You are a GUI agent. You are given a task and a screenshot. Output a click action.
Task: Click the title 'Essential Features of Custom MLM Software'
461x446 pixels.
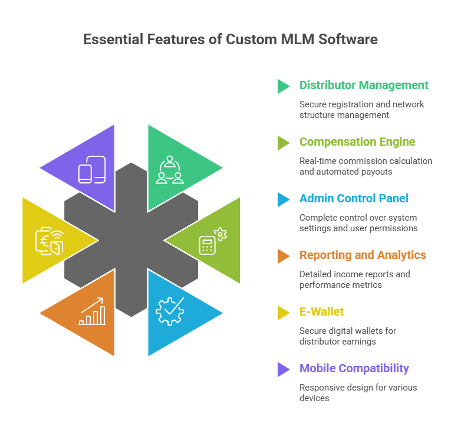230,40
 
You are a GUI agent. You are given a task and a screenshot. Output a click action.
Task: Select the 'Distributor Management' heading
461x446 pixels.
364,85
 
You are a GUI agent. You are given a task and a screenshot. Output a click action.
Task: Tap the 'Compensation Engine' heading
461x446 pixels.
357,142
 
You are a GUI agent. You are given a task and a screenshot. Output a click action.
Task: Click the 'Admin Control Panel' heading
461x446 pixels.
354,198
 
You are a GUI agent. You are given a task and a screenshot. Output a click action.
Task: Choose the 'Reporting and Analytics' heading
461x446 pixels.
363,255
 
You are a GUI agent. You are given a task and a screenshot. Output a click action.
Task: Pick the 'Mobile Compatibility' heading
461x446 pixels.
354,368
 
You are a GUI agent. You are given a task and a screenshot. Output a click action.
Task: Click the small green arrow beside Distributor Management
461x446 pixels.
283,86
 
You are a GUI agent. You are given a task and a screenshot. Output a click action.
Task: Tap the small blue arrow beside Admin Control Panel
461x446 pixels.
283,199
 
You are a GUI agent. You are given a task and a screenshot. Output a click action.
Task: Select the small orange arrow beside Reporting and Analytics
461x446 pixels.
283,256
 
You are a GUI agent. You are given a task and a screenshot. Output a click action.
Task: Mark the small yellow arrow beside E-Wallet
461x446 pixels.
283,313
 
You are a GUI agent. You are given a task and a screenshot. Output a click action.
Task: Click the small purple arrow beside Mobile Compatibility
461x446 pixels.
283,369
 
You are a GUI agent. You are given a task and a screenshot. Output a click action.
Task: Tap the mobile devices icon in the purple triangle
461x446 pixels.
92,169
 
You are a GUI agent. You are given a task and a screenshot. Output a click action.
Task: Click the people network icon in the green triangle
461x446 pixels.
170,169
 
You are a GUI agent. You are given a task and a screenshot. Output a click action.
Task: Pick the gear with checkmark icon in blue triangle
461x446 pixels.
170,311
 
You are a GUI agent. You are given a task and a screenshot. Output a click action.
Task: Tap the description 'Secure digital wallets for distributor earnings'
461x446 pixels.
347,336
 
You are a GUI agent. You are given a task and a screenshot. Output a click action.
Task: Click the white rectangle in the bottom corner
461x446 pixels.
58,430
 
